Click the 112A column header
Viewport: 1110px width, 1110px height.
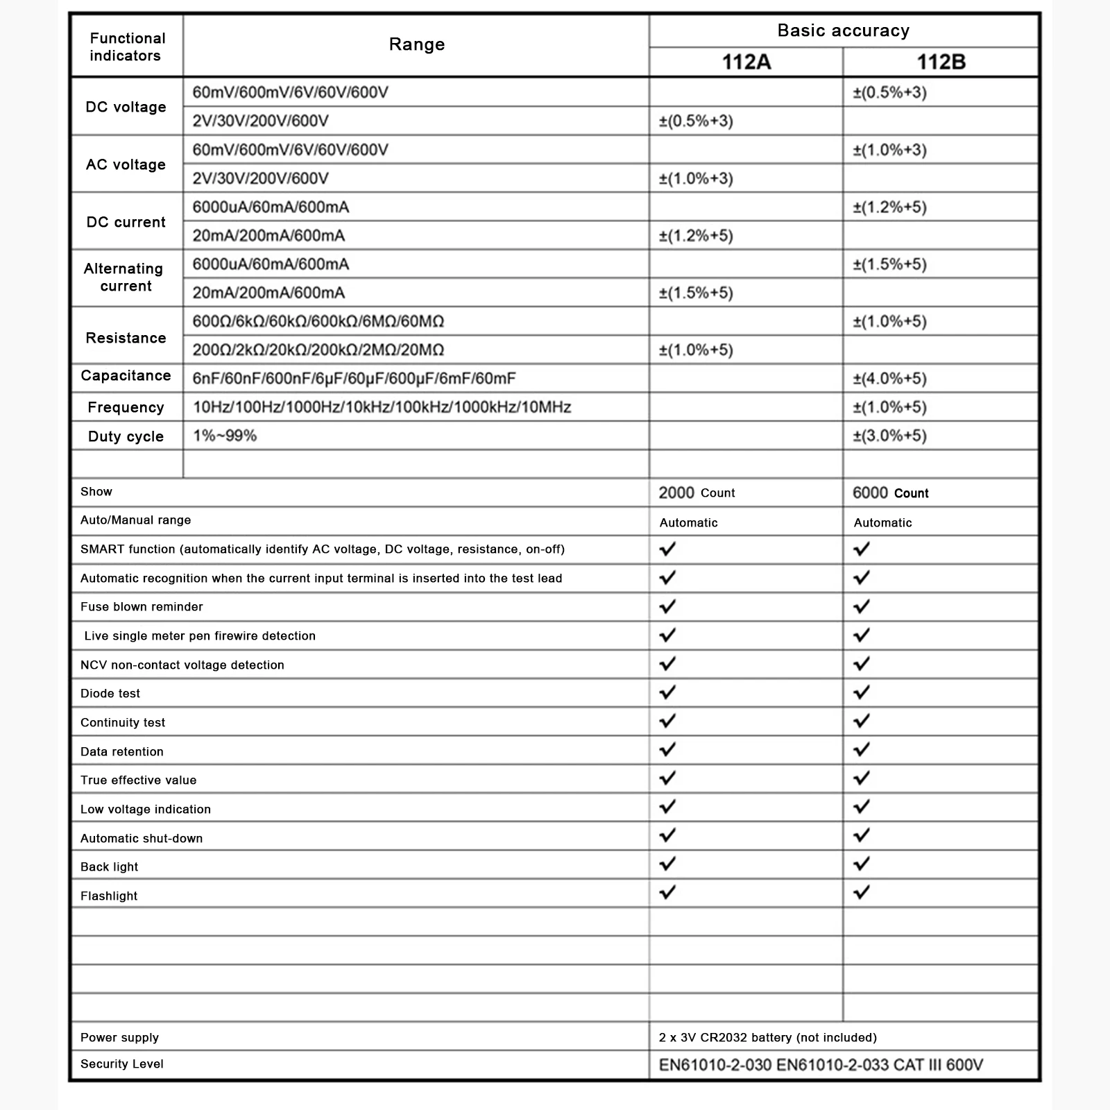click(746, 62)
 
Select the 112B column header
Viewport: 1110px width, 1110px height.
click(941, 62)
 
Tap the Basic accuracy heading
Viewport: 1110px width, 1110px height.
click(843, 31)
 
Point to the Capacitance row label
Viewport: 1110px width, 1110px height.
click(126, 376)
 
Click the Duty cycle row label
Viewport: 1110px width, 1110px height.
click(126, 436)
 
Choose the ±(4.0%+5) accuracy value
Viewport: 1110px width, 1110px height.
click(889, 379)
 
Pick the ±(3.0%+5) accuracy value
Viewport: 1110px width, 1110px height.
click(889, 436)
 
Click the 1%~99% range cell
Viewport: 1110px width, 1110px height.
click(225, 436)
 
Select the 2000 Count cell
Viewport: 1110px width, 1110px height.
click(697, 493)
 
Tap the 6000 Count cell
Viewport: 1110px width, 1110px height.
click(890, 493)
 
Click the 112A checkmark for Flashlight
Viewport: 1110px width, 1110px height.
click(667, 892)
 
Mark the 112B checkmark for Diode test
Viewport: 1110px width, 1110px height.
click(862, 692)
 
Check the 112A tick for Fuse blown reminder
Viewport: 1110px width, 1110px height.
click(667, 606)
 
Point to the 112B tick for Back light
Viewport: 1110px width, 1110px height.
click(862, 864)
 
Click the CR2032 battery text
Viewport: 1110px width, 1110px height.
click(767, 1038)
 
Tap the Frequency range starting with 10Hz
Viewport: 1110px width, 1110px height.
click(382, 407)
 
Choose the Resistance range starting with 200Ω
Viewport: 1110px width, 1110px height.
click(318, 350)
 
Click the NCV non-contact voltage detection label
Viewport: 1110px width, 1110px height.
click(182, 665)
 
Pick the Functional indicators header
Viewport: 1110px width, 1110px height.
click(127, 47)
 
